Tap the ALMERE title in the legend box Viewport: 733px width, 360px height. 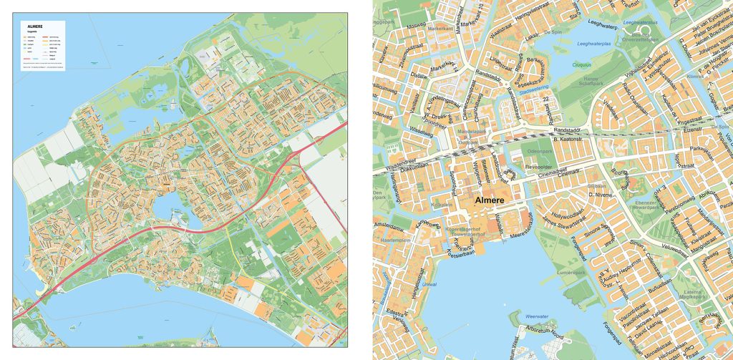pyautogui.click(x=35, y=26)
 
